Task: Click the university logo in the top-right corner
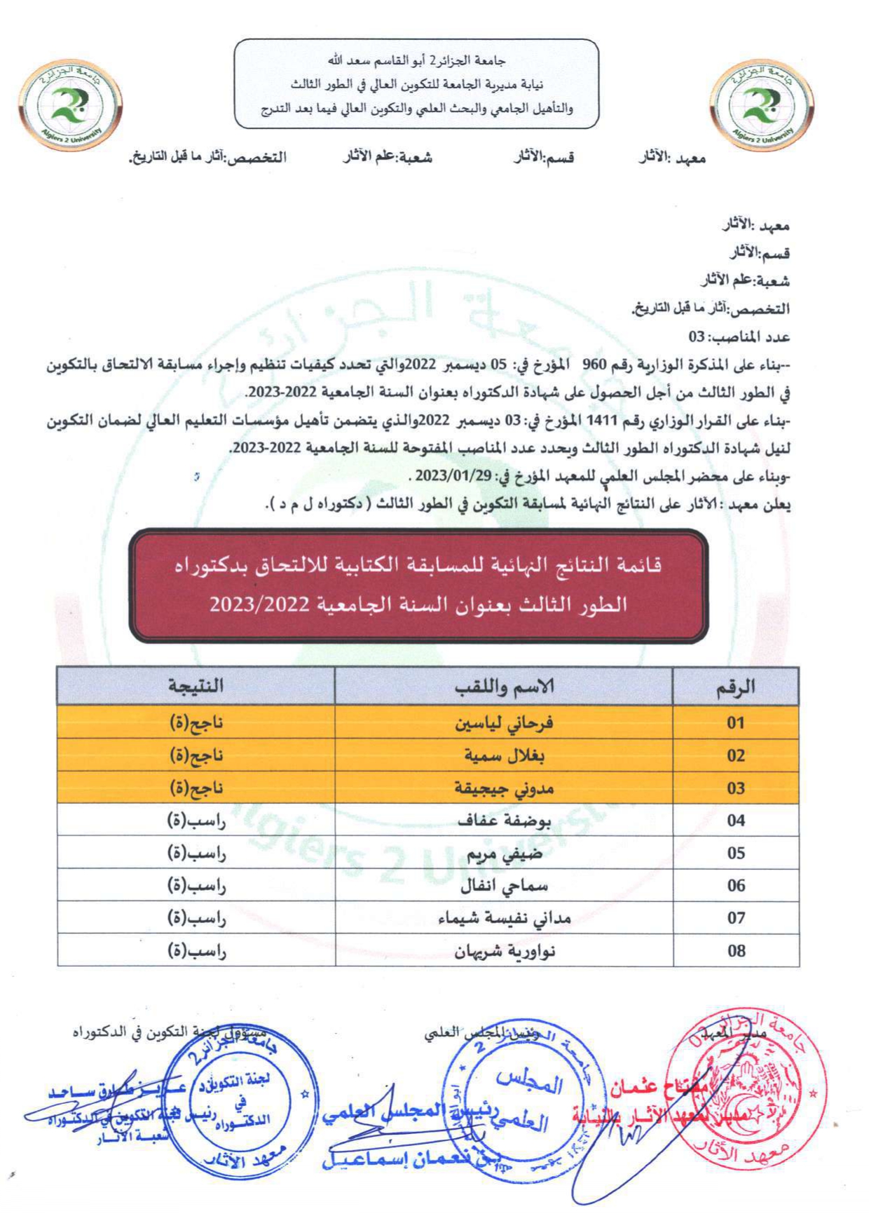coord(762,105)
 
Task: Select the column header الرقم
coord(735,686)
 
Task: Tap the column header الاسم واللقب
coord(504,686)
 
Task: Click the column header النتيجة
coord(196,686)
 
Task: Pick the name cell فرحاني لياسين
coord(504,723)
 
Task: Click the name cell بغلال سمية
coord(504,756)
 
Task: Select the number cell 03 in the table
coord(735,788)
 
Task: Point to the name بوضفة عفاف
coord(504,821)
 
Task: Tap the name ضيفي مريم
coord(504,854)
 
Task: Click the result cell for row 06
coord(196,886)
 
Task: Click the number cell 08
coord(735,951)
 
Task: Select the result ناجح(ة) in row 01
coord(196,723)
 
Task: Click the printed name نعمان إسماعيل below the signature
coord(392,1160)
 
